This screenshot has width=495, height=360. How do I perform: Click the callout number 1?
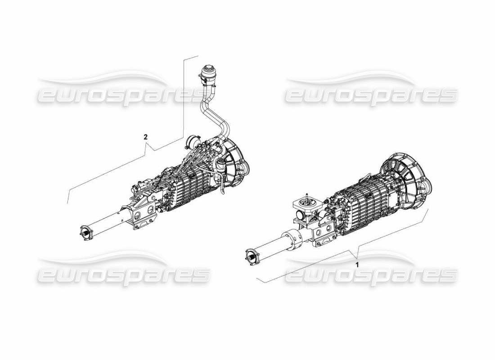pyautogui.click(x=357, y=265)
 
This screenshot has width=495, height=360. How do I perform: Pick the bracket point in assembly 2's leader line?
pyautogui.click(x=154, y=149)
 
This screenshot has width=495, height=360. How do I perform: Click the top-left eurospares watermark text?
pyautogui.click(x=121, y=95)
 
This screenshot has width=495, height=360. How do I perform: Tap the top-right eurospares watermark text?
pyautogui.click(x=371, y=95)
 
